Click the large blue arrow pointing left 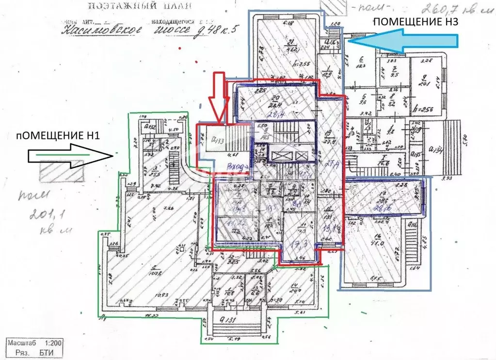402,41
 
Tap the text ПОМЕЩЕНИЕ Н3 416,21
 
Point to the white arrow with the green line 70,155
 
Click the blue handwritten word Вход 237,166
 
